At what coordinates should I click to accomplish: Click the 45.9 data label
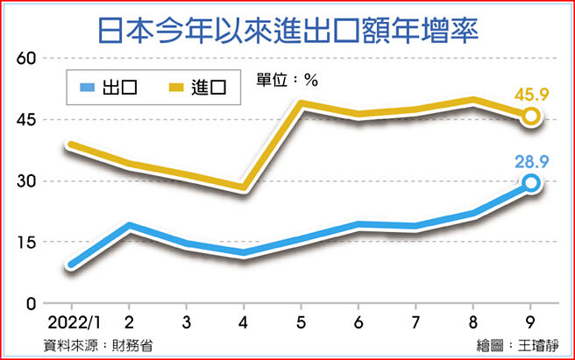click(x=531, y=94)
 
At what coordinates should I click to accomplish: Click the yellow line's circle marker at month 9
click(x=531, y=116)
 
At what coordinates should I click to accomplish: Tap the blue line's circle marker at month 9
click(x=531, y=182)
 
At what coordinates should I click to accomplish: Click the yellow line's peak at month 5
click(x=301, y=104)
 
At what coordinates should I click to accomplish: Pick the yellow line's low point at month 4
click(x=243, y=187)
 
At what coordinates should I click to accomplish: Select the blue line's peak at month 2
click(x=128, y=227)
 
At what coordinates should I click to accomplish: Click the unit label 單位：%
click(x=287, y=79)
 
